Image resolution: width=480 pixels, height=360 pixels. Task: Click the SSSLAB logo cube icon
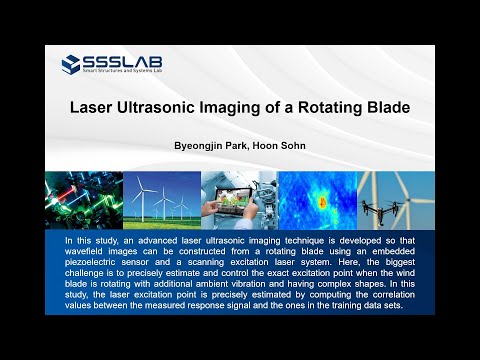tap(71, 65)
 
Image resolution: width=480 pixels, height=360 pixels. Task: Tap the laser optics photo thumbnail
tap(82, 199)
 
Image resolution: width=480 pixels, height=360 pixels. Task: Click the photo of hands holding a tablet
tap(239, 199)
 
